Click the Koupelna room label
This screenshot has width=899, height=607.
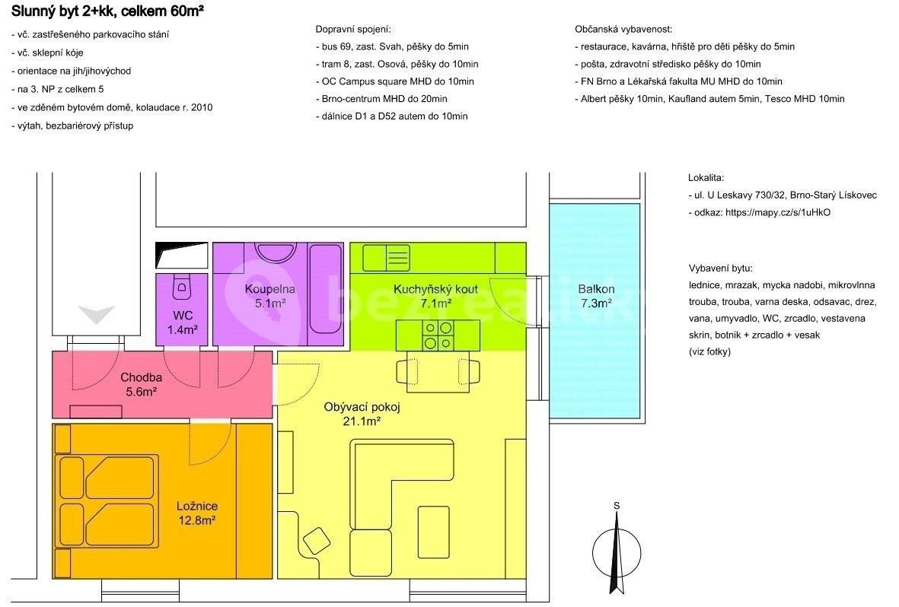[x=269, y=296]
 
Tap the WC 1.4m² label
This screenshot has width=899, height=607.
[x=183, y=322]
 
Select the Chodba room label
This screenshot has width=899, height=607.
[x=141, y=385]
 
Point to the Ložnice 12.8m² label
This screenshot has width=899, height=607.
[x=196, y=513]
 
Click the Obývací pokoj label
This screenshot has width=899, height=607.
[x=362, y=414]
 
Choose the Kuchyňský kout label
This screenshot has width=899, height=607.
[x=435, y=296]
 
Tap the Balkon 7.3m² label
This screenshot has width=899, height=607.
[x=596, y=296]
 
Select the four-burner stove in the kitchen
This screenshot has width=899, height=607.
[x=438, y=335]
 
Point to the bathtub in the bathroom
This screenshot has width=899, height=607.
[x=326, y=288]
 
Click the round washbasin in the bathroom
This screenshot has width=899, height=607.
[x=276, y=253]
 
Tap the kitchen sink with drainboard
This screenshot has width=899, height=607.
[x=387, y=257]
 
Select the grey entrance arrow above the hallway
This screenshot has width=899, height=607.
[x=97, y=314]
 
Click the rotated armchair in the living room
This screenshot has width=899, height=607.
[x=317, y=541]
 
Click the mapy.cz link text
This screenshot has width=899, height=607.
[x=778, y=212]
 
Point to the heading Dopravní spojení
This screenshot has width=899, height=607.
[x=353, y=29]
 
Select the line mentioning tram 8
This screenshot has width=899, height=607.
[x=397, y=64]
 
